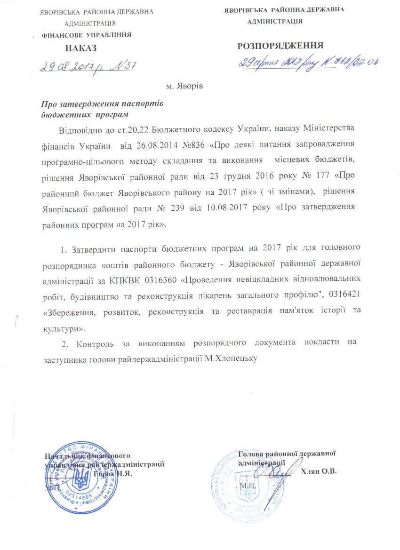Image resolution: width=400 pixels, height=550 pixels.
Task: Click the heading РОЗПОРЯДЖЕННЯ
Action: (x=280, y=45)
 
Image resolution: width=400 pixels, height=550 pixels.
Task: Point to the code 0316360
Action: (x=160, y=280)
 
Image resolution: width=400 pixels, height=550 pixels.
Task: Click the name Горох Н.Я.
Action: (x=113, y=473)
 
